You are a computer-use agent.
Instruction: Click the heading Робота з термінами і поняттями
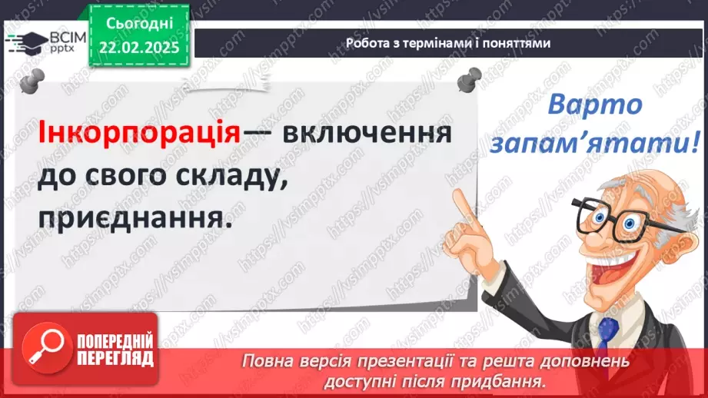(x=448, y=44)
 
